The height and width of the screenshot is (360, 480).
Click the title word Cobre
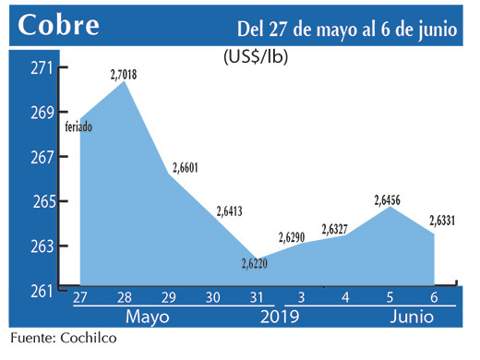click(x=57, y=25)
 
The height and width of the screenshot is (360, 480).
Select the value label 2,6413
click(x=232, y=211)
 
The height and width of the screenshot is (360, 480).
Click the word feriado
click(x=78, y=126)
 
